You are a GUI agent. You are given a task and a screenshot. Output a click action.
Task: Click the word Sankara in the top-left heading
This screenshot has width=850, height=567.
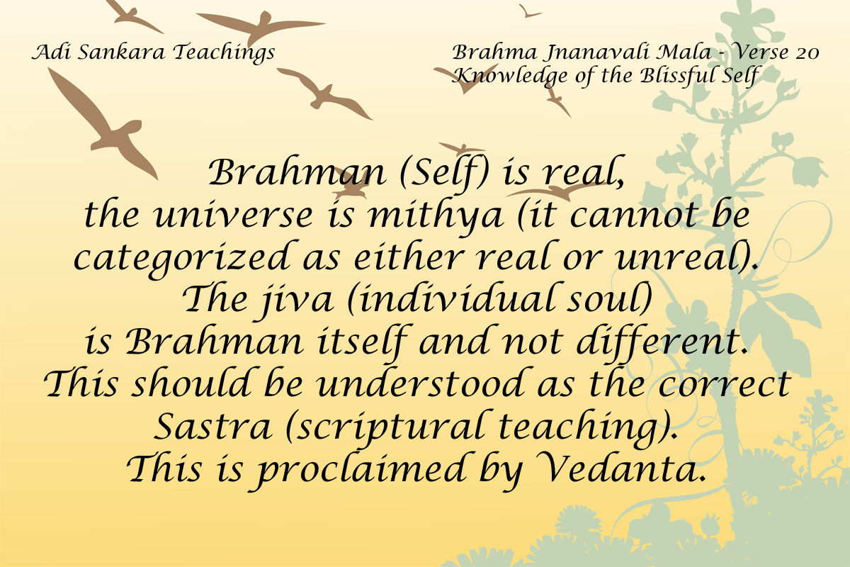click(121, 52)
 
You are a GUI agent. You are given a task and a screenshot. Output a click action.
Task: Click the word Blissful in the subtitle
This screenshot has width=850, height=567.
click(673, 76)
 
